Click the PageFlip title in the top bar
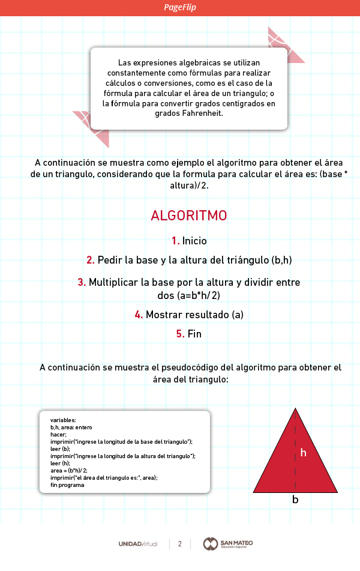coord(180,7)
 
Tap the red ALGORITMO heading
coord(189,216)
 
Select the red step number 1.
coord(175,241)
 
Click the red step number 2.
coord(90,260)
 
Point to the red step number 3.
coord(81,282)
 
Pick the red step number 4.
coord(138,315)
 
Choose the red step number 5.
coord(180,334)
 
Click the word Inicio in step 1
coord(194,241)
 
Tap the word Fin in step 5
coord(194,334)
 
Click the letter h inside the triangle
coord(303,453)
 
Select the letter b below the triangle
coord(295,500)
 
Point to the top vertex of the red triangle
coord(295,409)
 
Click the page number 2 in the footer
coord(179,544)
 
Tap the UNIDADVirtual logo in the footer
coord(138,544)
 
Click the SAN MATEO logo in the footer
coord(228,544)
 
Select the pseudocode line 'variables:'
coord(63,420)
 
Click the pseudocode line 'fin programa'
coord(67,485)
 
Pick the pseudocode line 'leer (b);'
coord(61,449)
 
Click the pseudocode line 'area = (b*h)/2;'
coord(69,471)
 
